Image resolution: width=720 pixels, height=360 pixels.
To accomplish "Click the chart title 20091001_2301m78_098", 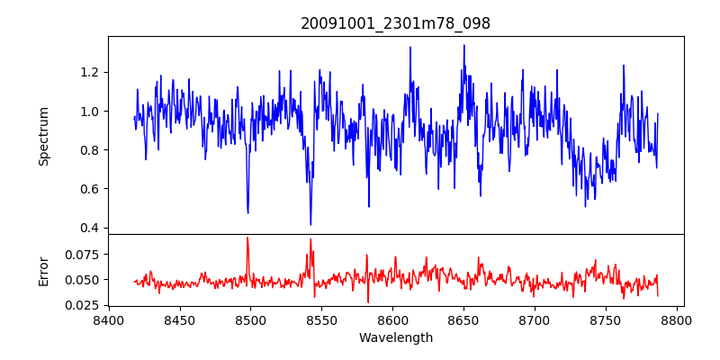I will pyautogui.click(x=395, y=24).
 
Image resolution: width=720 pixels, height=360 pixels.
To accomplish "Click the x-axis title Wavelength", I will pyautogui.click(x=395, y=338).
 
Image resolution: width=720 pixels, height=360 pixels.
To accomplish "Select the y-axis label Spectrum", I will pyautogui.click(x=44, y=136).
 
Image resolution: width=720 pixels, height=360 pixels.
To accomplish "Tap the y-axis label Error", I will pyautogui.click(x=44, y=271).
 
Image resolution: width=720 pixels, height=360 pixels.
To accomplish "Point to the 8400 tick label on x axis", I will pyautogui.click(x=108, y=320).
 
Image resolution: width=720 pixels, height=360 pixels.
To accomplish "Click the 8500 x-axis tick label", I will pyautogui.click(x=250, y=320).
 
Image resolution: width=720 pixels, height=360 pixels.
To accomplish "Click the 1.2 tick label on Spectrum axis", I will pyautogui.click(x=88, y=73).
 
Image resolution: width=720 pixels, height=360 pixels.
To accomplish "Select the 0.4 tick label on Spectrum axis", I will pyautogui.click(x=88, y=228).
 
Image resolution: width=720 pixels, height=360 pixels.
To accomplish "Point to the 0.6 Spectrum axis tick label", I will pyautogui.click(x=88, y=189).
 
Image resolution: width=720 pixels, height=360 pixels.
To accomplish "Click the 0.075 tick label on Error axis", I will pyautogui.click(x=83, y=255).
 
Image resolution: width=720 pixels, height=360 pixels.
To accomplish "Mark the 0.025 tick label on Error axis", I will pyautogui.click(x=83, y=305).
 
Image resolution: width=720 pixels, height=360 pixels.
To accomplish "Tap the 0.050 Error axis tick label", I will pyautogui.click(x=83, y=280).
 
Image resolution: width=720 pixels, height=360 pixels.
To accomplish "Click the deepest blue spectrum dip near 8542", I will pyautogui.click(x=310, y=224).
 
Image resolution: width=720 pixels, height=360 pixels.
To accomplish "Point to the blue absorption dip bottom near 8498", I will pyautogui.click(x=247, y=212).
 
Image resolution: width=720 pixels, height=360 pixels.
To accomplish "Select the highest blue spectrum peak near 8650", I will pyautogui.click(x=464, y=45).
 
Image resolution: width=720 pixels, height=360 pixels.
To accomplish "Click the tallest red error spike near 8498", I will pyautogui.click(x=247, y=238).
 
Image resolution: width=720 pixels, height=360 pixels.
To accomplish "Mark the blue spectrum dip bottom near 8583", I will pyautogui.click(x=368, y=206).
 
